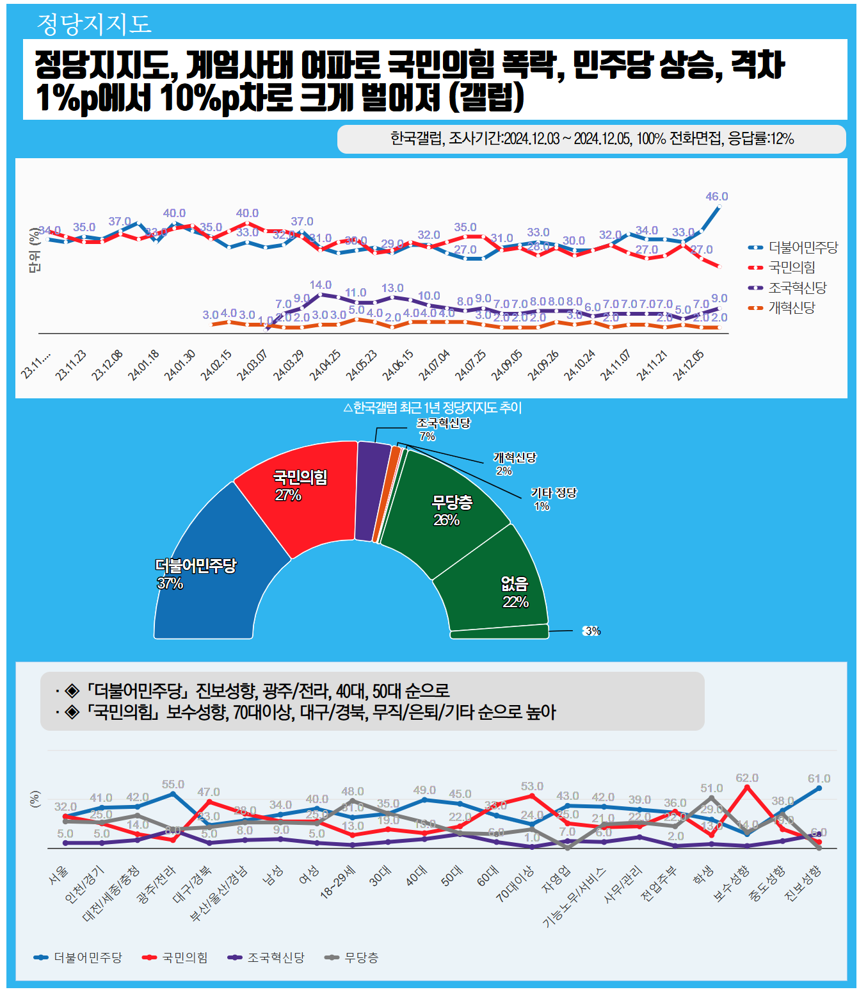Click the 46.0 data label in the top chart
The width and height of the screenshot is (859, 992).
click(x=716, y=197)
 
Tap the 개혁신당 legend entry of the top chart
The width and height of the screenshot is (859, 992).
click(x=792, y=308)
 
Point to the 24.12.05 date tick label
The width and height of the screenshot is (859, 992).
click(x=689, y=366)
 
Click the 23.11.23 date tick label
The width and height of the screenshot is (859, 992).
click(x=71, y=366)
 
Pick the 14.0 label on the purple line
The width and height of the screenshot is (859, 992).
click(x=321, y=285)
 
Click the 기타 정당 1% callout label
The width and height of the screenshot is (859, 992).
click(x=553, y=499)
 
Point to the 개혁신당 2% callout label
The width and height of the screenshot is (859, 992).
click(x=514, y=464)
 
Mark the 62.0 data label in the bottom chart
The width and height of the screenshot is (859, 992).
click(x=746, y=778)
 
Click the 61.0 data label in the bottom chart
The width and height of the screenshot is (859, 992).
click(x=819, y=779)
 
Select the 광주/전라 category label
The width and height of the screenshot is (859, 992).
click(x=156, y=885)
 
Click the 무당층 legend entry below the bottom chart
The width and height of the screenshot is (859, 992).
click(x=361, y=957)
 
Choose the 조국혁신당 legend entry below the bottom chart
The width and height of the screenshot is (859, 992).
click(x=275, y=957)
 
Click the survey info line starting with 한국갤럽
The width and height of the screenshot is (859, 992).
click(x=591, y=139)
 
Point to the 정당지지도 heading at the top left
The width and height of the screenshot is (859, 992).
click(x=94, y=24)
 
